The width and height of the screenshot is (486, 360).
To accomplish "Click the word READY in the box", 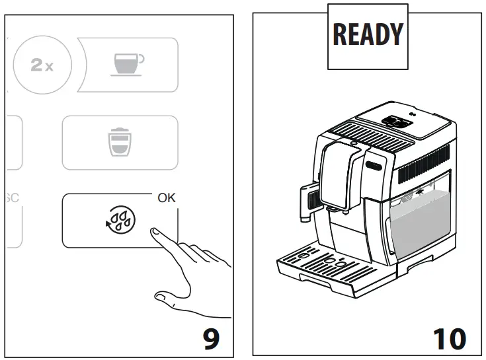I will pos(368,34).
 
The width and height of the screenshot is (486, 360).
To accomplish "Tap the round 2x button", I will pos(42,65).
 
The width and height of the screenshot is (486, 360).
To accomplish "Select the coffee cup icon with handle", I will pos(128,64).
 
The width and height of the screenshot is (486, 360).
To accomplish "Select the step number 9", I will pos(210,339).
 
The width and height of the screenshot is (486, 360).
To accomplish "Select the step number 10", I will pos(449,339).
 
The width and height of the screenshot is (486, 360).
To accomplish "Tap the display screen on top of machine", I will pos(396,122).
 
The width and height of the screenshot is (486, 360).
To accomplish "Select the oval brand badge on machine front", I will pos(374,162).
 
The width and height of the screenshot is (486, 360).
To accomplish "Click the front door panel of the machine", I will pos(367,211).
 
